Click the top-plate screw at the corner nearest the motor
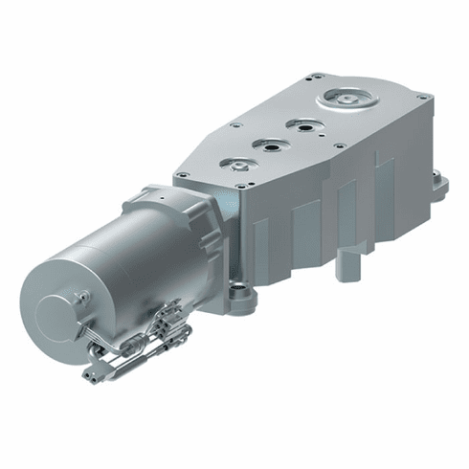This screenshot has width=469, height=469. pos(179,174)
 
